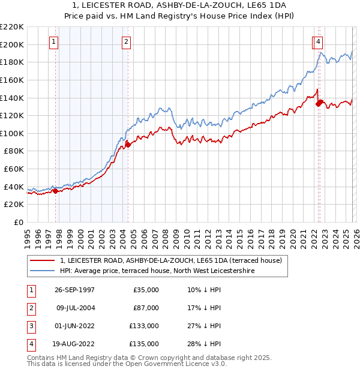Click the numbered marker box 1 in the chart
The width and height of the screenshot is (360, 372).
(54, 41)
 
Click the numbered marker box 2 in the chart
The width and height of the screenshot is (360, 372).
(127, 41)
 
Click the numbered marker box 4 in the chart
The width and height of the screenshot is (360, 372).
(318, 41)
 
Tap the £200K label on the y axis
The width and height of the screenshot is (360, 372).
(13, 44)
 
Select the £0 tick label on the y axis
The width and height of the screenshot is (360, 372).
(19, 222)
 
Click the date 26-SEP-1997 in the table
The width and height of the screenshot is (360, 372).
(74, 290)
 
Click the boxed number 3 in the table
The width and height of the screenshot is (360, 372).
(30, 326)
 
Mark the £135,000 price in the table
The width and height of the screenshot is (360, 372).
(144, 344)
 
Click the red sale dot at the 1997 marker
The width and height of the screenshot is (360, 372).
(56, 191)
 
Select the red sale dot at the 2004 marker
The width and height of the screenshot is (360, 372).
(128, 145)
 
